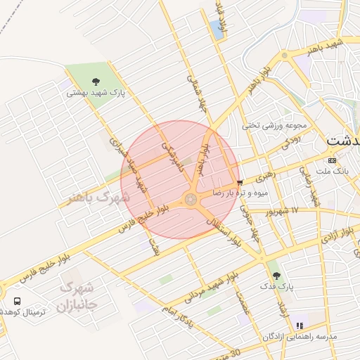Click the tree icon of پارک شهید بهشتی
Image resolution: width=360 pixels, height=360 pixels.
coord(96,81)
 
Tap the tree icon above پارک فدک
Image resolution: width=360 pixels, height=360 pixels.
coord(275,275)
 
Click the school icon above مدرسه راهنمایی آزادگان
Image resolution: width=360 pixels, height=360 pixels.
coord(300,326)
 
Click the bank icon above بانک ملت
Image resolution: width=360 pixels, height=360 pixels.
coord(333,160)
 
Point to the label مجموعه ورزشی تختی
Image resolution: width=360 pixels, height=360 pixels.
coord(275,126)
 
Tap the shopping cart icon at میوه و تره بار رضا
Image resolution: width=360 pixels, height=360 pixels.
coord(240,182)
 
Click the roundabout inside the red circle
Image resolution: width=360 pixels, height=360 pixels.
coord(191,200)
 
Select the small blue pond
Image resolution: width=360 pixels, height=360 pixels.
coord(217,30)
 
